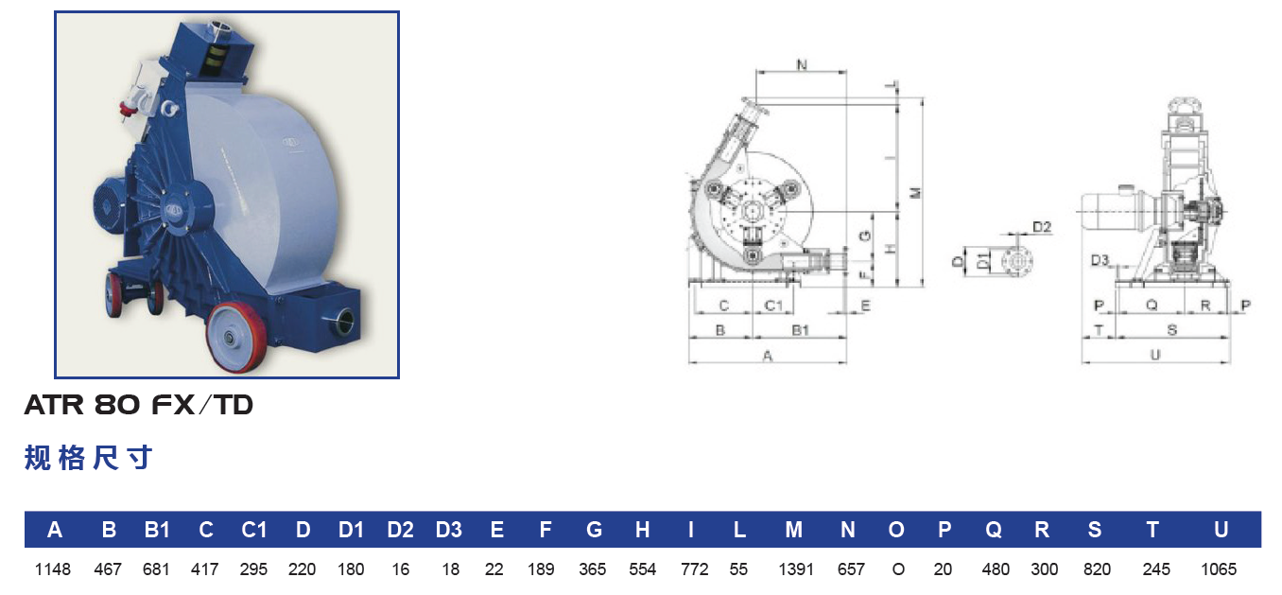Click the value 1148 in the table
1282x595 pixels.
click(x=53, y=569)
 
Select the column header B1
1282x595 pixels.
click(x=157, y=530)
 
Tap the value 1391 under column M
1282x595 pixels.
click(x=795, y=569)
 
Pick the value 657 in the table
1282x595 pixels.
click(x=851, y=569)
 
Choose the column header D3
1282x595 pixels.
click(x=449, y=530)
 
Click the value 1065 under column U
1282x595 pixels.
click(x=1219, y=569)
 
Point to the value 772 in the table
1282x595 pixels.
click(x=694, y=569)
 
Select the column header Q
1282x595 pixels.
click(x=994, y=531)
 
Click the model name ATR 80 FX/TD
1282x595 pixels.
click(x=138, y=405)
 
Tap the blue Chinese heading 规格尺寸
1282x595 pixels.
click(x=89, y=458)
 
